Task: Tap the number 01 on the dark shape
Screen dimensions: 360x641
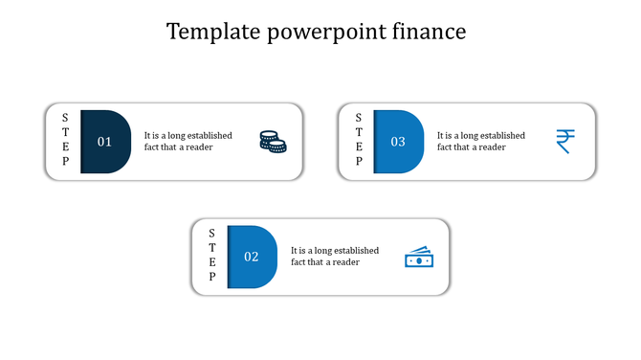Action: coord(104,142)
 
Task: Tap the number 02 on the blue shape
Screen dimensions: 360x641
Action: coord(251,257)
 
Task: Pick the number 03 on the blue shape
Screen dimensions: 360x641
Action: coord(397,142)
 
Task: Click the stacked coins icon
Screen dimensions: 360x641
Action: coord(273,142)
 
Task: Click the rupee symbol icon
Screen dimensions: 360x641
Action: coord(565,142)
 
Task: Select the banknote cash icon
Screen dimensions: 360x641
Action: coord(418,257)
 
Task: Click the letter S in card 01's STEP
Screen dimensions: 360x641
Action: coord(65,118)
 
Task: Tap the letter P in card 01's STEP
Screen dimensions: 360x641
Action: coord(65,162)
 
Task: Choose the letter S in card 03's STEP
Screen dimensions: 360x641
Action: coord(359,118)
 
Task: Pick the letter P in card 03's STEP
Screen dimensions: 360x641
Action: coord(359,162)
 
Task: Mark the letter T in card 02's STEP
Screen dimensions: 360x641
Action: coord(212,247)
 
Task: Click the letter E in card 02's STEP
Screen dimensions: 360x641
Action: coord(212,261)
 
